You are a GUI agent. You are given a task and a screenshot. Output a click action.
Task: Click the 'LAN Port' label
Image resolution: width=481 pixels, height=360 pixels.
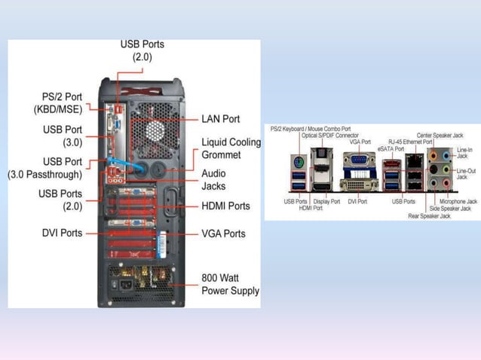tap(221, 119)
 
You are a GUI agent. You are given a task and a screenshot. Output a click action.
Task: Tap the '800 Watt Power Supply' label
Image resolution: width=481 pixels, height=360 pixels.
tap(230, 284)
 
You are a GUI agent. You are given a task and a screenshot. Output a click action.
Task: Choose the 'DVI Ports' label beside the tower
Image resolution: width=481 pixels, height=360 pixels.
tap(62, 233)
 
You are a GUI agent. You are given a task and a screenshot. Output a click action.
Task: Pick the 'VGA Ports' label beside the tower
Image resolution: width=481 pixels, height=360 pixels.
tap(224, 233)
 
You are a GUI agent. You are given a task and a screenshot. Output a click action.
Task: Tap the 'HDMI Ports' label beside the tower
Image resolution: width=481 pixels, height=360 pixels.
tap(225, 206)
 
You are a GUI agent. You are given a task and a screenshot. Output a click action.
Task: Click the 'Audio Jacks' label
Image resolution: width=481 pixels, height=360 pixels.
tap(213, 178)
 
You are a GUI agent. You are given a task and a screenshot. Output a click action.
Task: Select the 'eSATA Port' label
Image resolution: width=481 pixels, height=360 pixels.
tap(391, 148)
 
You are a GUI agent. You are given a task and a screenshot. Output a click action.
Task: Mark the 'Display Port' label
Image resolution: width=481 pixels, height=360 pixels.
tap(326, 202)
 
